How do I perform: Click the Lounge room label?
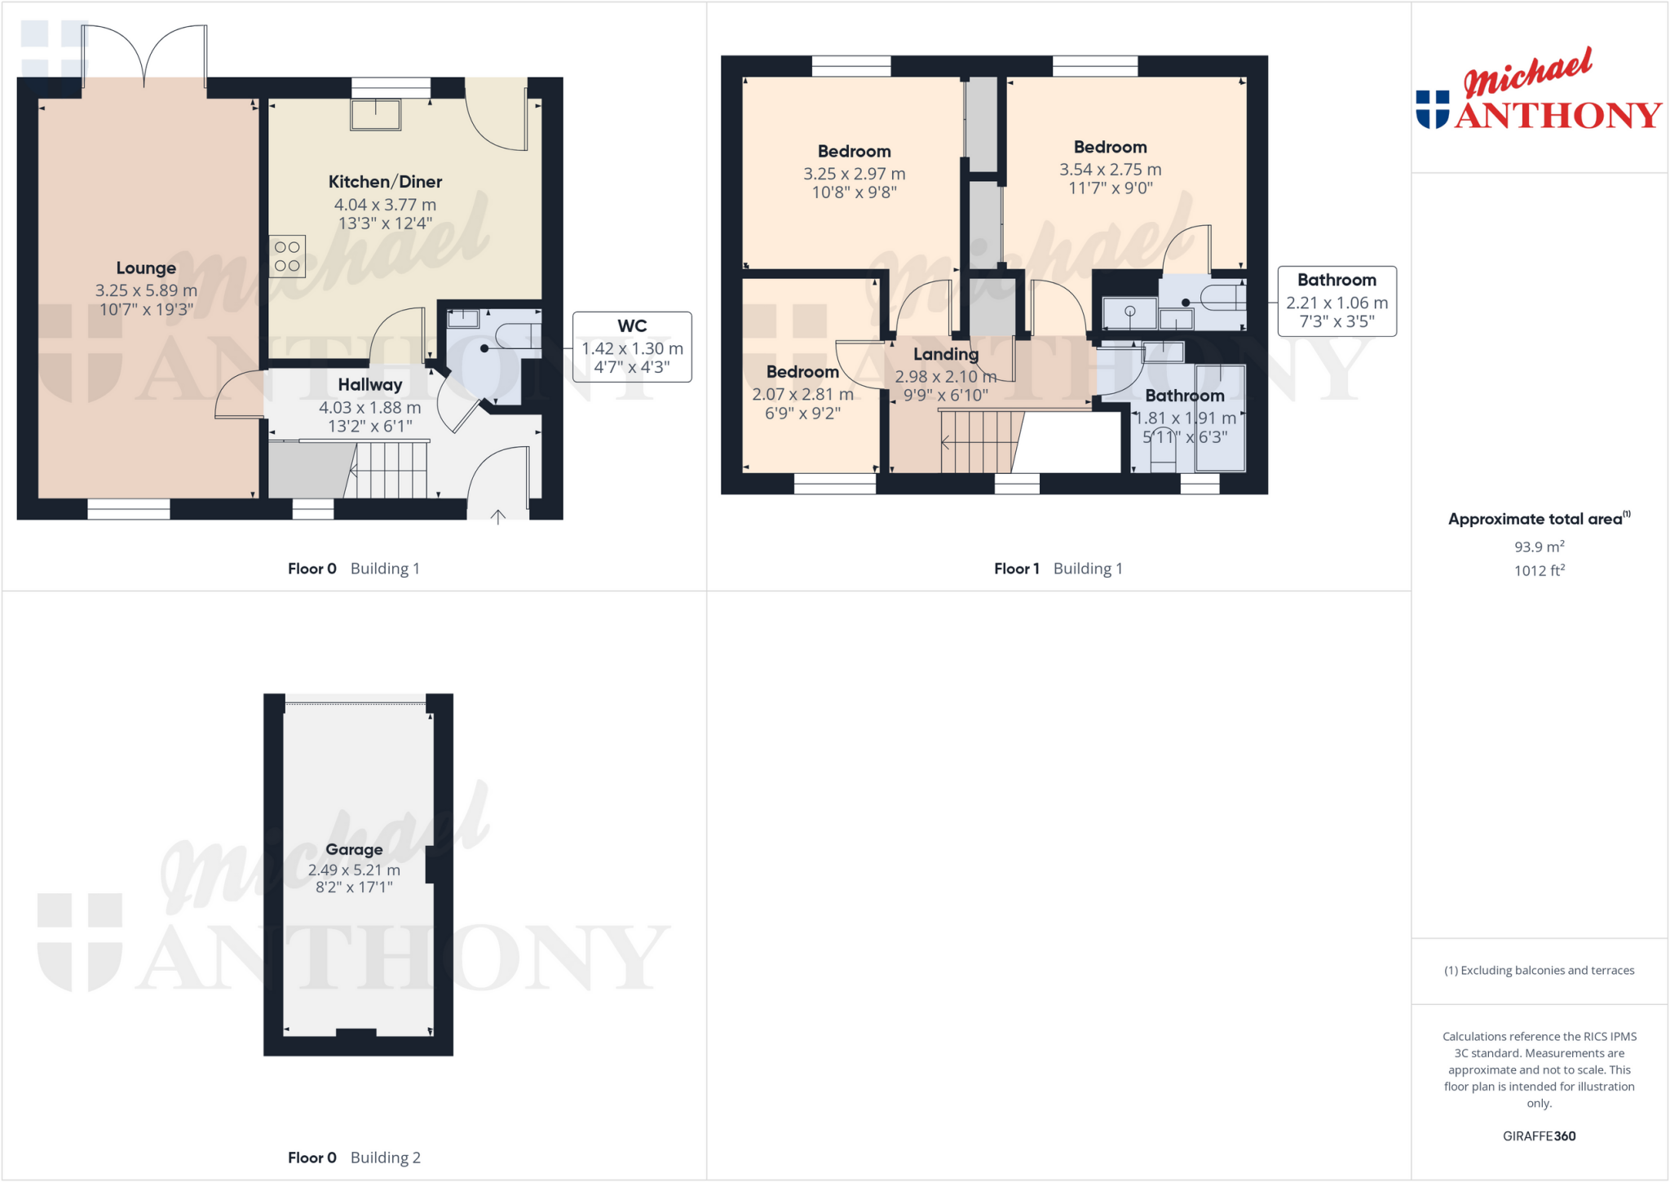click(146, 268)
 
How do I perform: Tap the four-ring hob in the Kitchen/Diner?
click(287, 256)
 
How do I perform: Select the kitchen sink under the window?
click(375, 115)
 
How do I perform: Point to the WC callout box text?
click(632, 347)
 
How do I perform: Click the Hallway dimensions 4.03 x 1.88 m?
click(369, 407)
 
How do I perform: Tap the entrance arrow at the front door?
click(498, 516)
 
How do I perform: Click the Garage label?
click(354, 849)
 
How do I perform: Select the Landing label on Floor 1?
click(945, 354)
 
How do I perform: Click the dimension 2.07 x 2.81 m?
click(802, 394)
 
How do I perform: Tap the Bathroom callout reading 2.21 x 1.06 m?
click(1336, 301)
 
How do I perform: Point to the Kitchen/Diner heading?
click(385, 182)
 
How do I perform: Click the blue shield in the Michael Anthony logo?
click(1432, 109)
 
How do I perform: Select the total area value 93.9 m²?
click(1539, 547)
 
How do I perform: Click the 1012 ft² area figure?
click(1539, 570)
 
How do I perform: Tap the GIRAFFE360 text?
click(1539, 1136)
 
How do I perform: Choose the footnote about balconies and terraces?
click(1539, 970)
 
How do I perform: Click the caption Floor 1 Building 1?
click(1058, 569)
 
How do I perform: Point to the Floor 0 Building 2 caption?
click(354, 1158)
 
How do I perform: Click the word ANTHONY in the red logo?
click(1557, 115)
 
